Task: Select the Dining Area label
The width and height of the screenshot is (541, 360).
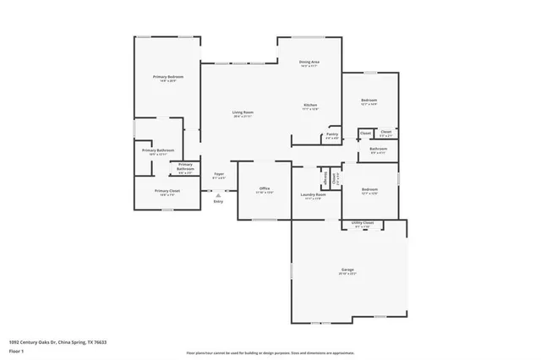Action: click(x=309, y=63)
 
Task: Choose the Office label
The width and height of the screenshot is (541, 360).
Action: click(x=265, y=188)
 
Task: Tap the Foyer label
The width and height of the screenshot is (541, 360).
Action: click(x=218, y=173)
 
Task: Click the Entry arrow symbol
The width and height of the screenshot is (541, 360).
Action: click(x=218, y=194)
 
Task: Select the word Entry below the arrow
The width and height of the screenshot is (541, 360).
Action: click(x=218, y=201)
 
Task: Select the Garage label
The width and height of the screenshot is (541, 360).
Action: click(x=347, y=270)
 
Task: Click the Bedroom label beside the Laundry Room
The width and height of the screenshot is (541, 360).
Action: click(x=369, y=189)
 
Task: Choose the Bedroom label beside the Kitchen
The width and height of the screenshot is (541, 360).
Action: click(x=369, y=100)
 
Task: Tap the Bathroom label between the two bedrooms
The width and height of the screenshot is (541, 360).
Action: click(x=378, y=149)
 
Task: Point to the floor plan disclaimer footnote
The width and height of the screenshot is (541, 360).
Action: click(x=270, y=351)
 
